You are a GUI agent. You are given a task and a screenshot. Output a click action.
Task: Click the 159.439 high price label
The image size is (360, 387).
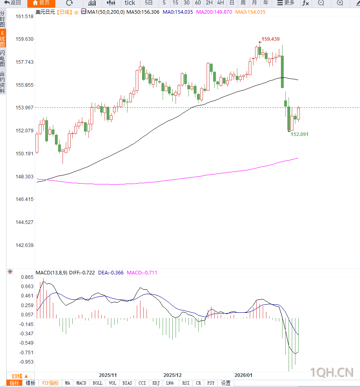270,39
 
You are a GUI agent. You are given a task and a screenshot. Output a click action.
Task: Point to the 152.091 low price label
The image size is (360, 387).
299,134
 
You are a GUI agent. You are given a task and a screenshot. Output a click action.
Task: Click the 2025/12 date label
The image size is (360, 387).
173,375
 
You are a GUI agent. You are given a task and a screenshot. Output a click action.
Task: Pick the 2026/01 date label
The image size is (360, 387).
243,375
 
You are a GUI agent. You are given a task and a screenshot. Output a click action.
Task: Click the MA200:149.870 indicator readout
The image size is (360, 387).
214,12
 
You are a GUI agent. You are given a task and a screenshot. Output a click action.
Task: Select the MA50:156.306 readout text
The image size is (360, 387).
143,12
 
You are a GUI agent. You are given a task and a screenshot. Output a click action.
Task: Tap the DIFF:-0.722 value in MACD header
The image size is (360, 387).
82,273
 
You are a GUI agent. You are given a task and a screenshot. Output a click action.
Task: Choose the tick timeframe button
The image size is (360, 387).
130,3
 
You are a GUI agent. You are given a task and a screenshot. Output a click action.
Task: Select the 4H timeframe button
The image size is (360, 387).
220,3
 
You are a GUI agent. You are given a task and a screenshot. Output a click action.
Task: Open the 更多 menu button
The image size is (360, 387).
286,3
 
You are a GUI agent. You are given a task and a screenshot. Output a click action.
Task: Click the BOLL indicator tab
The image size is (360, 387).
97,383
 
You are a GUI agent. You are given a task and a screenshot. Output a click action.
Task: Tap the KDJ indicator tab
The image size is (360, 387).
156,383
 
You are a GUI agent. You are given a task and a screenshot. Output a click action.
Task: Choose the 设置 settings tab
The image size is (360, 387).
226,383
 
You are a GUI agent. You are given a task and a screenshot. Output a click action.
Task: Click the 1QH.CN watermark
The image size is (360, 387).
332,372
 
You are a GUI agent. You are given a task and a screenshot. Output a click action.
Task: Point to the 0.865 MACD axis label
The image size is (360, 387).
27,278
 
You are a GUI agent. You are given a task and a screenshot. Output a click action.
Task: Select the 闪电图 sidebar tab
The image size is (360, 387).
3,59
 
